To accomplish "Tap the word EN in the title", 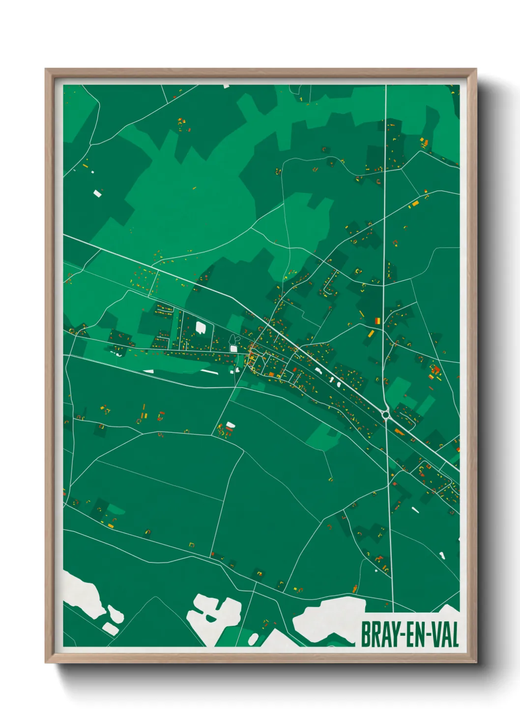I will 416,635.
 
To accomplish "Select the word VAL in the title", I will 445,635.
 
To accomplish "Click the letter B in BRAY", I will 366,635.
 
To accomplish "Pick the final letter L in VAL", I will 455,635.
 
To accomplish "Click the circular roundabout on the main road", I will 386,414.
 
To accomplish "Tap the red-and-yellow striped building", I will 377,321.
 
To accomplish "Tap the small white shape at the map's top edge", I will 226,86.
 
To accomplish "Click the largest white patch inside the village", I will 201,327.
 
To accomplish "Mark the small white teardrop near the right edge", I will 441,556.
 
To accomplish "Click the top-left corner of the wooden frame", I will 46,70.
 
